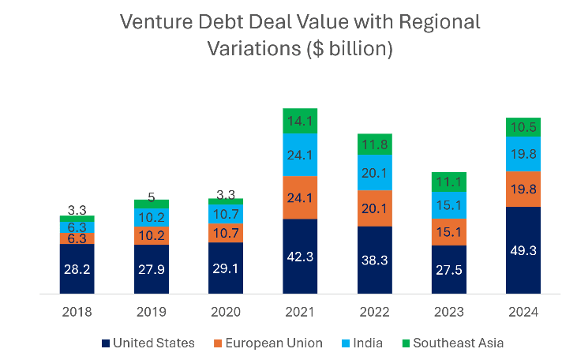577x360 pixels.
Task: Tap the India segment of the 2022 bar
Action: (x=374, y=172)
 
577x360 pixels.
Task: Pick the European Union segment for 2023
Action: (x=448, y=231)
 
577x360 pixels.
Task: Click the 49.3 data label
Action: (x=523, y=251)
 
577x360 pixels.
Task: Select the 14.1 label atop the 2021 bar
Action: (x=300, y=121)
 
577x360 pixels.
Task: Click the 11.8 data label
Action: (x=374, y=144)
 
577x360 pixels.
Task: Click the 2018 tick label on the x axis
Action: (x=77, y=312)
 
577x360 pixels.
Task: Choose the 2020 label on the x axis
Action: (x=225, y=312)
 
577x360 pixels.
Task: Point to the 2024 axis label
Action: (x=523, y=312)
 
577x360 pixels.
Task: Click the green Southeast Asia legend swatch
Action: (x=408, y=343)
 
